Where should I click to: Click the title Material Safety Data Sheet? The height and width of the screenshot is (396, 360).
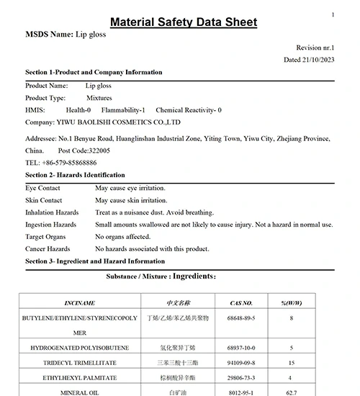pyautogui.click(x=183, y=22)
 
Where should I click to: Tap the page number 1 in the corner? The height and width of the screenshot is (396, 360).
pyautogui.click(x=333, y=14)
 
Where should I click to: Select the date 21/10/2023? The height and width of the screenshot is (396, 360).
pyautogui.click(x=318, y=60)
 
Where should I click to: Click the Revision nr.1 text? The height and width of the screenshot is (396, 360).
pyautogui.click(x=315, y=47)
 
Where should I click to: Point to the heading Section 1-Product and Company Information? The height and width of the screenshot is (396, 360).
pyautogui.click(x=94, y=73)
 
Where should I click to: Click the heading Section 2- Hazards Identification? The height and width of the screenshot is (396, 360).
pyautogui.click(x=75, y=175)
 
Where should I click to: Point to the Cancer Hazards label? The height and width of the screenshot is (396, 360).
pyautogui.click(x=48, y=249)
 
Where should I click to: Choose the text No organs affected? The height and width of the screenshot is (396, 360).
pyautogui.click(x=123, y=237)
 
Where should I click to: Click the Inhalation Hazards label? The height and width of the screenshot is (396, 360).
pyautogui.click(x=52, y=212)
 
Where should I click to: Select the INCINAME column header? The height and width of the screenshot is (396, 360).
pyautogui.click(x=79, y=303)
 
